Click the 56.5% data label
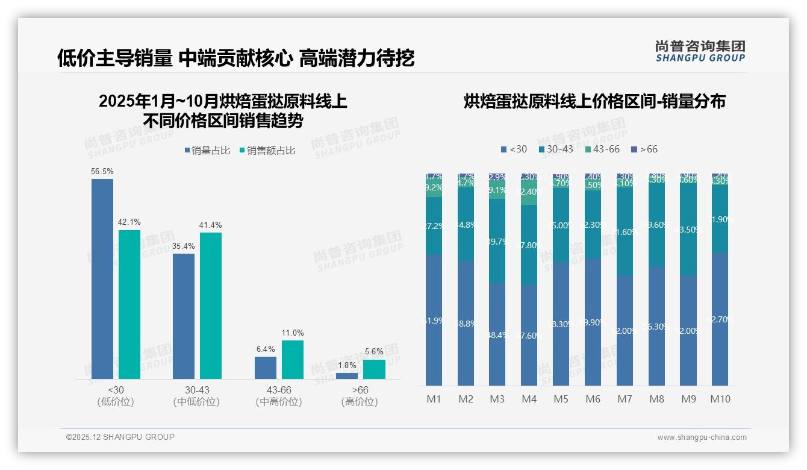(102, 171)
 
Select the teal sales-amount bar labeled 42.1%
(129, 304)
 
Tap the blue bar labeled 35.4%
(184, 316)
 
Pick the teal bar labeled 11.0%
(292, 359)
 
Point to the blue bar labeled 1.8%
(346, 376)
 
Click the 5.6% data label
(373, 351)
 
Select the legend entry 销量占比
(207, 151)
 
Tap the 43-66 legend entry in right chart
(602, 149)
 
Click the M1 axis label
(434, 399)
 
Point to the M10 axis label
(720, 399)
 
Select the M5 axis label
(561, 399)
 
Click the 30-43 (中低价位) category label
(196, 396)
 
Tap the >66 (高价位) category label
(360, 396)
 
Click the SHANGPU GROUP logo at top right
(700, 51)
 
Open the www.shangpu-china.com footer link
(702, 437)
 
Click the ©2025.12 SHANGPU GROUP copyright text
(120, 437)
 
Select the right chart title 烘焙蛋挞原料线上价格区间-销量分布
(594, 101)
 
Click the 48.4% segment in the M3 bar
(497, 334)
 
